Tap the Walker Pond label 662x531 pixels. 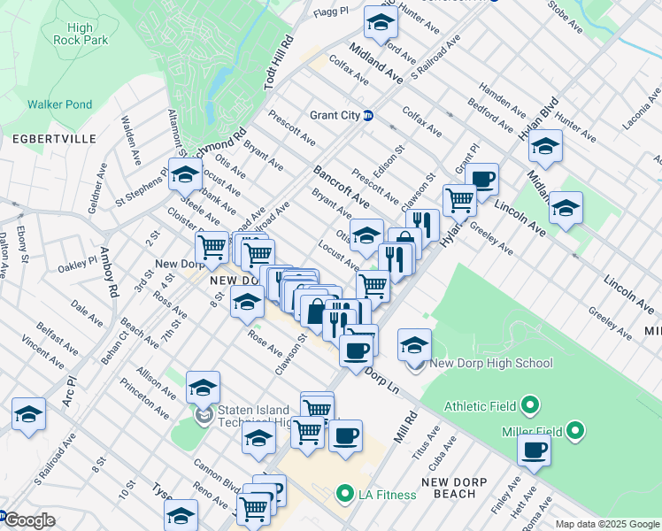click(x=59, y=104)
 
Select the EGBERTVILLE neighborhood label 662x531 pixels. click(x=42, y=140)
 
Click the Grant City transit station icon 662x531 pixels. click(x=368, y=115)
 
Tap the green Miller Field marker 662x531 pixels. click(x=575, y=431)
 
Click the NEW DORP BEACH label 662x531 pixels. click(x=462, y=488)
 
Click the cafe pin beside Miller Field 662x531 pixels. click(x=534, y=449)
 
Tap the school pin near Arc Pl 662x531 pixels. click(x=29, y=414)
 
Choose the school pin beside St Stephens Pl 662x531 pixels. click(x=186, y=174)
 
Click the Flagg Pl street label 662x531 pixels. click(x=331, y=13)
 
